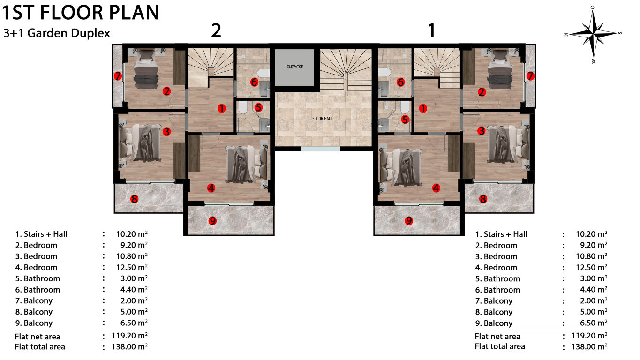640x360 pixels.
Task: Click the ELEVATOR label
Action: pos(295,67)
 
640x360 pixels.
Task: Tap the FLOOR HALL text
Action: pos(323,119)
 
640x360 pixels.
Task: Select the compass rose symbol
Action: pos(594,34)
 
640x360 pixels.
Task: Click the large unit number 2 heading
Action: pos(216,30)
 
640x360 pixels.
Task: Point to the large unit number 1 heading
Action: pos(431,30)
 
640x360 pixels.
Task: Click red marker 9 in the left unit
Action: pos(212,221)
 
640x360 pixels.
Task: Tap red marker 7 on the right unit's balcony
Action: pos(530,76)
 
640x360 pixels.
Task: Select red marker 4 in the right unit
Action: pos(436,188)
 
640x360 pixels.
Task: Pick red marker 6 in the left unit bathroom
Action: pos(254,82)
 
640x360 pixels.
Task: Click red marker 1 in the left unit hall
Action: pos(221,108)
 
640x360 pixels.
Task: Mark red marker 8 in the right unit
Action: pos(483,199)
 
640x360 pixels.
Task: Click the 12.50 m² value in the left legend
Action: pos(132,267)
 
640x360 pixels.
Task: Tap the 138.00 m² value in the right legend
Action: pos(589,346)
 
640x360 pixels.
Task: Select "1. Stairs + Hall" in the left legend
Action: pos(41,234)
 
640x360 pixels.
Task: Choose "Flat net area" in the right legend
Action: pos(497,336)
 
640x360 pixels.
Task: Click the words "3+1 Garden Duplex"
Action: pos(57,33)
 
